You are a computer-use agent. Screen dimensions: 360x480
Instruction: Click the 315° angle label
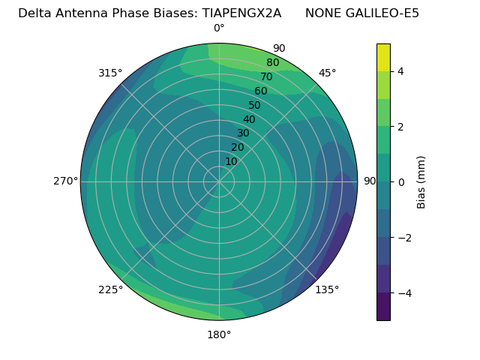(x=110, y=73)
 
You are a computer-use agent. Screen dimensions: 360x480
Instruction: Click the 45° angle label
(x=328, y=73)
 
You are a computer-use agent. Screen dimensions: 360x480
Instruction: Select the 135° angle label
(x=327, y=289)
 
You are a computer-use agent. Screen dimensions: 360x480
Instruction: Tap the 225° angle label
(x=110, y=289)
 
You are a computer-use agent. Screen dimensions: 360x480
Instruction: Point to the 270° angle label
(x=65, y=181)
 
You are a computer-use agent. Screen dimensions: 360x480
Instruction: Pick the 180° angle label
(x=219, y=334)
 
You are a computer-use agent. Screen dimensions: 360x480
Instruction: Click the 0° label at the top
(x=219, y=28)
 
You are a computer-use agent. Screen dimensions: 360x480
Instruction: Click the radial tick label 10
(x=231, y=161)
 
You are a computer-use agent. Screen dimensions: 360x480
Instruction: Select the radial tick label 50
(x=254, y=105)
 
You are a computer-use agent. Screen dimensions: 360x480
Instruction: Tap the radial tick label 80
(x=272, y=63)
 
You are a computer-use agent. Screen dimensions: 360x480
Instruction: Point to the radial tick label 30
(x=243, y=133)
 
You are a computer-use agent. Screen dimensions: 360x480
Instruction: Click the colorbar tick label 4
(x=401, y=71)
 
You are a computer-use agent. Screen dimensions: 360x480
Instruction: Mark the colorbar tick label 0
(x=401, y=181)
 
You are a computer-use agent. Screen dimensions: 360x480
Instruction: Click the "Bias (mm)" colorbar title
(x=421, y=181)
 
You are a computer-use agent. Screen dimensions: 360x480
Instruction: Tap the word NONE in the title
(x=322, y=13)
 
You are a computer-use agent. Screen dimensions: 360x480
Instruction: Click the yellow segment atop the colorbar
(x=383, y=57)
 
